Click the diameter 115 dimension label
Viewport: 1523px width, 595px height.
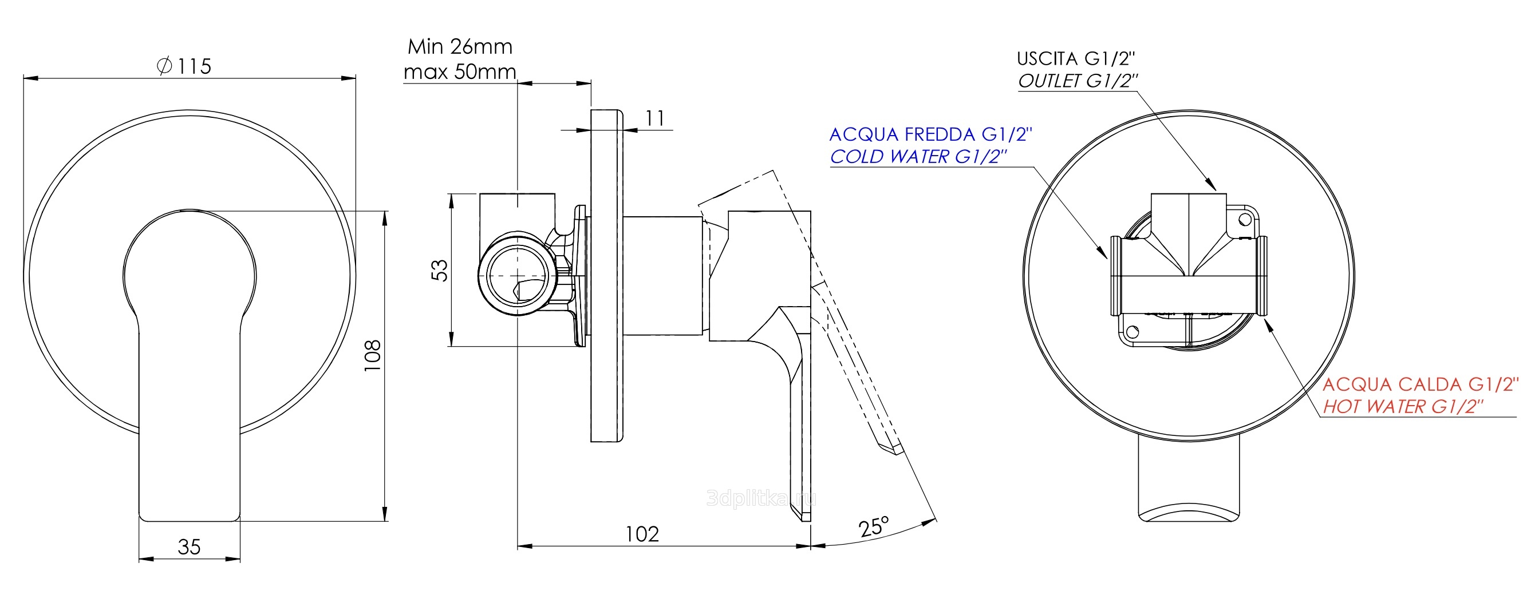(184, 66)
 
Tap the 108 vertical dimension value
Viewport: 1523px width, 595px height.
(373, 356)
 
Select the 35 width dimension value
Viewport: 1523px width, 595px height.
(189, 546)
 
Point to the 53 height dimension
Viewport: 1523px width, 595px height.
(440, 270)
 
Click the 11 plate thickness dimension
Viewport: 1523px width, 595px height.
(654, 118)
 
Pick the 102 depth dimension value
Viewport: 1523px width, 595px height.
(642, 534)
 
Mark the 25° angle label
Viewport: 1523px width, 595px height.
(874, 526)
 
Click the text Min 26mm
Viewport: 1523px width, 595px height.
(460, 46)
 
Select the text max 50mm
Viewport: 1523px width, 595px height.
(460, 72)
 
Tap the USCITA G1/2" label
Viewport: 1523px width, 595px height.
(1076, 58)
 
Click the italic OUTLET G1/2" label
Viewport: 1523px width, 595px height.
(1078, 80)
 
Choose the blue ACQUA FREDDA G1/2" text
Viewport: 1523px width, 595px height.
(930, 134)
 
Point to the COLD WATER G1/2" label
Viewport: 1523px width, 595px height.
(918, 156)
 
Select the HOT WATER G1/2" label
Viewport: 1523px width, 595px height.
(1403, 406)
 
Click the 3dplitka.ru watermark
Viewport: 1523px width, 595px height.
(761, 498)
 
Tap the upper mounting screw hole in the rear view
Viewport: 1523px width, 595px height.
(1245, 220)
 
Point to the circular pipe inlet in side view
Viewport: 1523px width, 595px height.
(518, 274)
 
